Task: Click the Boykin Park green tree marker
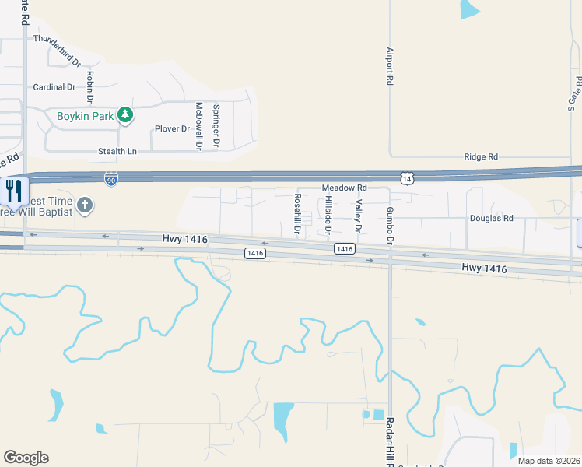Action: pyautogui.click(x=125, y=117)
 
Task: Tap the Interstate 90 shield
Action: pyautogui.click(x=112, y=180)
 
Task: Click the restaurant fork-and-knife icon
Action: pyautogui.click(x=14, y=191)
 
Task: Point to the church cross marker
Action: pyautogui.click(x=85, y=205)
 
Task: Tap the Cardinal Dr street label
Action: pyautogui.click(x=54, y=87)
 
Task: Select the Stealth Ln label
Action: pyautogui.click(x=117, y=150)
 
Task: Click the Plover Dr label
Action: pyautogui.click(x=172, y=128)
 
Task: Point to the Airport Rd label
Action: pyautogui.click(x=390, y=66)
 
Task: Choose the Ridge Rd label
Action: pyautogui.click(x=480, y=157)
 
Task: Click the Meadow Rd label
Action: pyautogui.click(x=344, y=188)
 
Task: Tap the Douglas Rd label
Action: pyautogui.click(x=491, y=219)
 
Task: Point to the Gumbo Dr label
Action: pyautogui.click(x=391, y=225)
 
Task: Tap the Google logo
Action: pyautogui.click(x=26, y=458)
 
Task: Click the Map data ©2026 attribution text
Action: pyautogui.click(x=549, y=461)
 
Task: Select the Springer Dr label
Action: pyautogui.click(x=216, y=127)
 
